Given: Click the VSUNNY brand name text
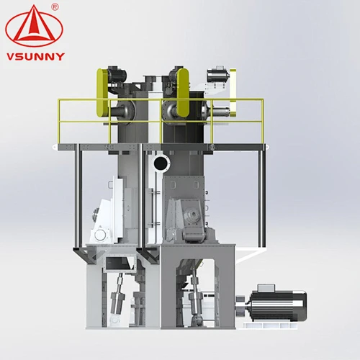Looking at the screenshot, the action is pos(35,57).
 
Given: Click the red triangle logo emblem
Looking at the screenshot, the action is pos(34,26).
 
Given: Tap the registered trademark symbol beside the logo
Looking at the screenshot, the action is pos(55,7).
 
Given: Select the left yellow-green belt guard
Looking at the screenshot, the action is pos(102,93).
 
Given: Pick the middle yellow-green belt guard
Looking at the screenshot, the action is pos(183,92).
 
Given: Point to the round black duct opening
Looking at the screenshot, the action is pos(161,163).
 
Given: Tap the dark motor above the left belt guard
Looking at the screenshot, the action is pos(117,73).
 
